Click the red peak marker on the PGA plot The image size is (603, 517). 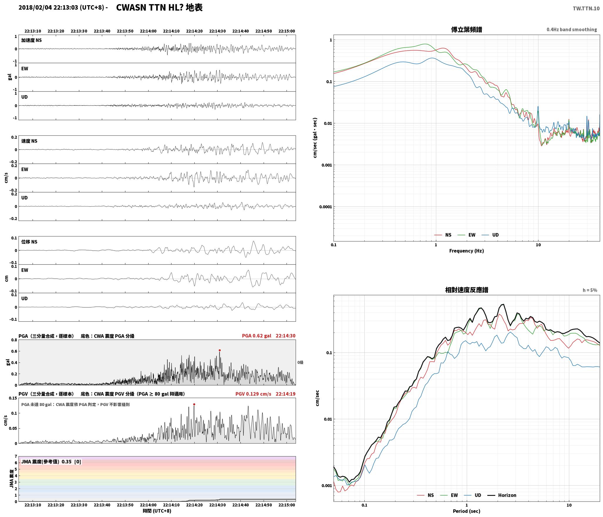[x=220, y=350]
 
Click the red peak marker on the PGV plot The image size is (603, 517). [x=194, y=404]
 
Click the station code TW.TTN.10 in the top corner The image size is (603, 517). [x=586, y=9]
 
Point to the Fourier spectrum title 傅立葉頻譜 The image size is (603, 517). [x=466, y=29]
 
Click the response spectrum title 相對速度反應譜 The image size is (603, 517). [x=466, y=290]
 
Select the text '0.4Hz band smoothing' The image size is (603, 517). [x=572, y=30]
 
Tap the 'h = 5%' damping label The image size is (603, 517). [x=590, y=290]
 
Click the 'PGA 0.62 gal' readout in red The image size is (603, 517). [x=257, y=336]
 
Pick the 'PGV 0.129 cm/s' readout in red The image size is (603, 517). [x=253, y=394]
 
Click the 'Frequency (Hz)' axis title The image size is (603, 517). [x=466, y=251]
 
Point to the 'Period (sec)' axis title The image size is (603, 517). [x=466, y=511]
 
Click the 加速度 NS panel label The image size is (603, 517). [x=31, y=40]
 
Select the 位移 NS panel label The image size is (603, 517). [x=29, y=242]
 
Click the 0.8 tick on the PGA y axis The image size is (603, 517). [x=14, y=340]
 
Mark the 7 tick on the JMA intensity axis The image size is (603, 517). [x=16, y=456]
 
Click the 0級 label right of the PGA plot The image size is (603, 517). [x=300, y=362]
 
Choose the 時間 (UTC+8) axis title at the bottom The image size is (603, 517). [x=157, y=511]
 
